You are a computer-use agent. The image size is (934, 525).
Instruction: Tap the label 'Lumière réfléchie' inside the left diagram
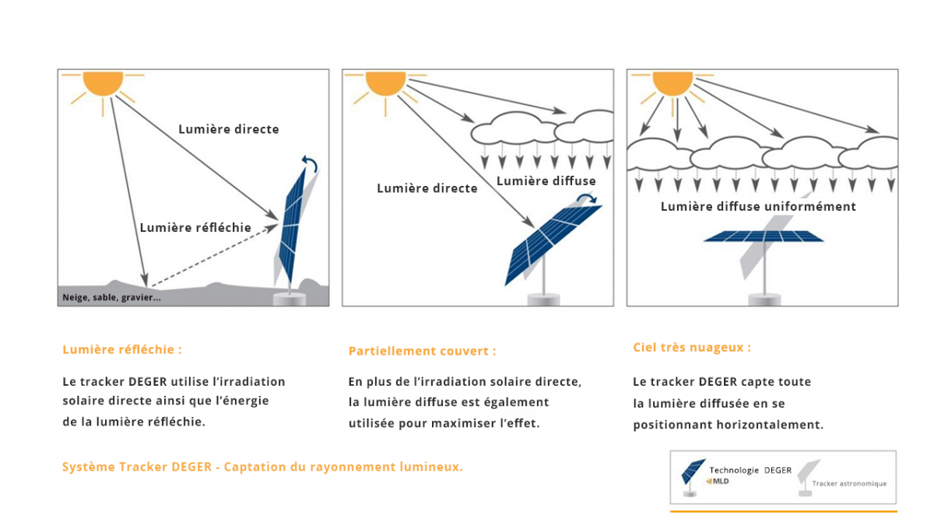pos(195,228)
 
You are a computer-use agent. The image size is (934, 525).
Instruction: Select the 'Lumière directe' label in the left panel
pos(228,129)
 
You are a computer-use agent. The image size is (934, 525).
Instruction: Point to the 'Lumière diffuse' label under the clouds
pos(546,181)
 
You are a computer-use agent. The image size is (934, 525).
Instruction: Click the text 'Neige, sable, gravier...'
pos(111,297)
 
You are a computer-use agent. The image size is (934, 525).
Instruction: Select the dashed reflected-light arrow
pos(210,255)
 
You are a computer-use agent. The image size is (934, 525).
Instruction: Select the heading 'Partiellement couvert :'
pos(422,351)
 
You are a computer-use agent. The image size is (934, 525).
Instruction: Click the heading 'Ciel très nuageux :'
pos(692,348)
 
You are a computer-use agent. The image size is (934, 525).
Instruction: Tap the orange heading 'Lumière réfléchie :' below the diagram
pos(121,349)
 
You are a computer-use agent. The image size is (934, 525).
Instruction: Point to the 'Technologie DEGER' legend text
pos(750,470)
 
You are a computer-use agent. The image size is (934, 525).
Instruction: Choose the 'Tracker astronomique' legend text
pos(848,484)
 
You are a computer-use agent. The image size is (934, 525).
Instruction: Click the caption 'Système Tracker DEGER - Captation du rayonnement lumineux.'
pos(262,467)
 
